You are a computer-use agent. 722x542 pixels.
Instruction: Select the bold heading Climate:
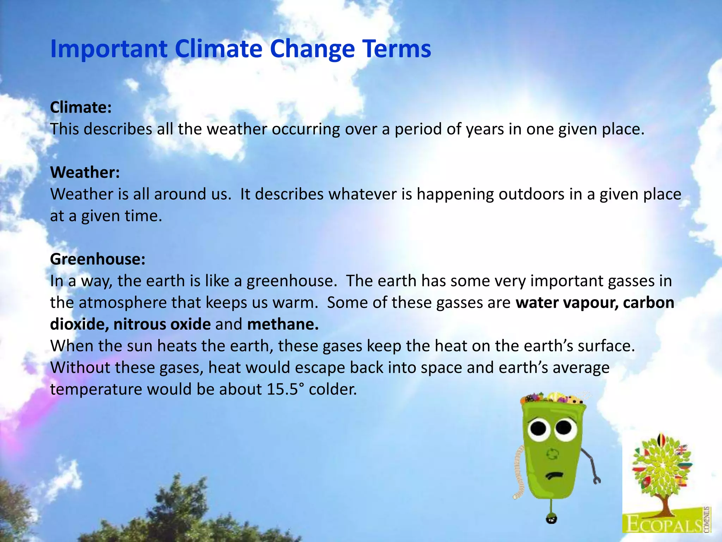coord(81,107)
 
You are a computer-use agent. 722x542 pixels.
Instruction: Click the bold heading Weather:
coord(85,172)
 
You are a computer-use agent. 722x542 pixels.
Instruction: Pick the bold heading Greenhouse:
coord(98,259)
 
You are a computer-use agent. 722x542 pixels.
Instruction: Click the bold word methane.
coord(283,324)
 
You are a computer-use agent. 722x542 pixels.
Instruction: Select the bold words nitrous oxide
coord(162,324)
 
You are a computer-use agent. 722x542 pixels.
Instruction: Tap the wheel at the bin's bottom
coord(551,519)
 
